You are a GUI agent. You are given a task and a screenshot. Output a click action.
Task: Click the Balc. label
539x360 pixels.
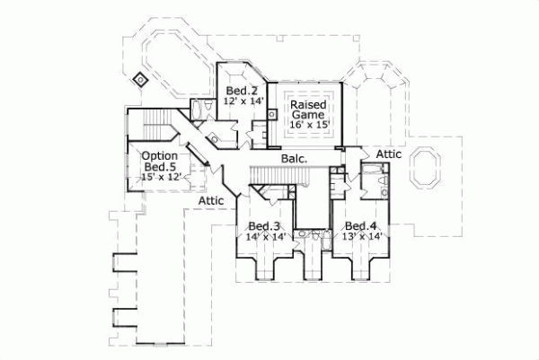(x=294, y=159)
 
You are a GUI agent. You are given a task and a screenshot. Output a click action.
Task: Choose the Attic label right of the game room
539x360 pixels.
(x=388, y=154)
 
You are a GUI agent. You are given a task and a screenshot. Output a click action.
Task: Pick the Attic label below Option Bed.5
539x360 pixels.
(x=212, y=199)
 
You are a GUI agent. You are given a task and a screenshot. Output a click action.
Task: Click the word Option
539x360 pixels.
(x=159, y=155)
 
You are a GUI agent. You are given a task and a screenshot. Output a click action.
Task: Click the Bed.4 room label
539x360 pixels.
(x=360, y=225)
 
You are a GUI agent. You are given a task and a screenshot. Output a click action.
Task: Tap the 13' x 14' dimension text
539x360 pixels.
(x=362, y=236)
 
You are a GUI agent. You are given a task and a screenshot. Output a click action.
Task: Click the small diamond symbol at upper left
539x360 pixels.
(x=140, y=79)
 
